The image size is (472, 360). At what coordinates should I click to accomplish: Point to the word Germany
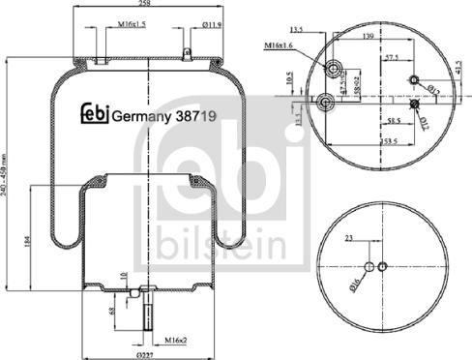[141, 113]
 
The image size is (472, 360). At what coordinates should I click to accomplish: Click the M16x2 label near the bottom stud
[174, 341]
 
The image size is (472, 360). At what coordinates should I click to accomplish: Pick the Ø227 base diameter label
[144, 354]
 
